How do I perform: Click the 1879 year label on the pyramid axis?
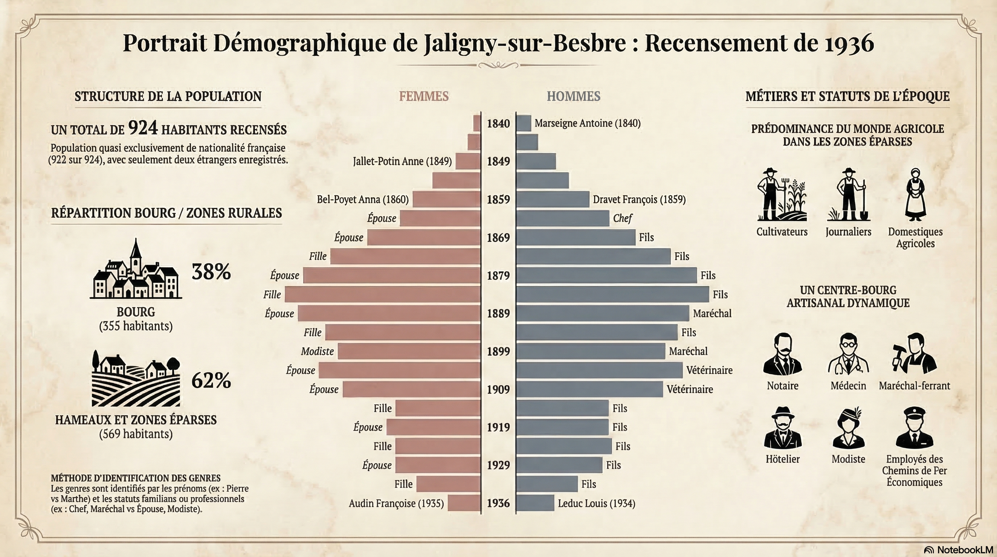[x=498, y=275]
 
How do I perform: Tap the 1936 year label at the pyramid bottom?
[x=498, y=503]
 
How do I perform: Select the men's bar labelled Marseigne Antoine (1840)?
[x=523, y=123]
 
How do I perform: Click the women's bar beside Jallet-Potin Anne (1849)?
[x=468, y=161]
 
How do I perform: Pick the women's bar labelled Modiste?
[x=409, y=351]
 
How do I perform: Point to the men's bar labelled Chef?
[x=562, y=218]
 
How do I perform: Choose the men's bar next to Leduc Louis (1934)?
[x=535, y=503]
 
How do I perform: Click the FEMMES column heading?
[x=424, y=96]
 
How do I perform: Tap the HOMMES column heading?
[x=573, y=96]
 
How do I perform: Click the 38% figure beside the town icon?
[x=211, y=272]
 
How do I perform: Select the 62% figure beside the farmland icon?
[x=211, y=380]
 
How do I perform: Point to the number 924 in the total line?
[x=143, y=127]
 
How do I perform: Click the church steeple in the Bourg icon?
[x=135, y=252]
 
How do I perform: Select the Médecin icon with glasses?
[x=848, y=355]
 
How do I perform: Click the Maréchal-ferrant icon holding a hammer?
[x=914, y=355]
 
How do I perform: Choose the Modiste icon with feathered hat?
[x=848, y=428]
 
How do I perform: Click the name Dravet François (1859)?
[x=639, y=199]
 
